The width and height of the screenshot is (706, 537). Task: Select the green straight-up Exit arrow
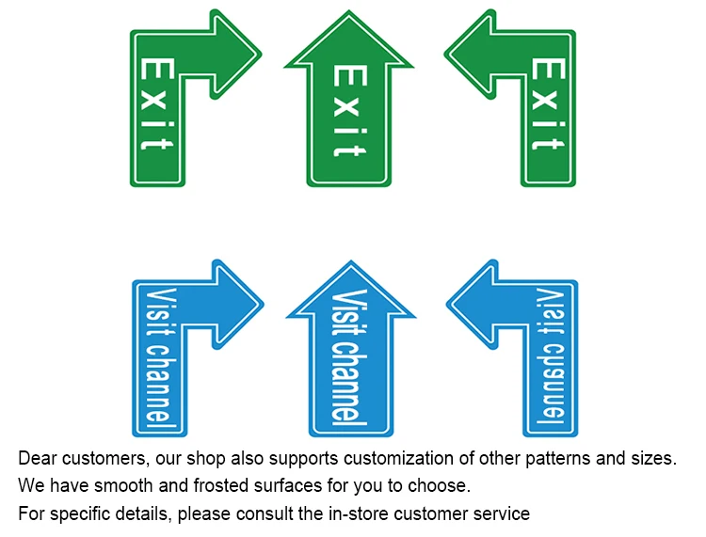point(349,113)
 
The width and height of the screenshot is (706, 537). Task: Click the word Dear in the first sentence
point(38,459)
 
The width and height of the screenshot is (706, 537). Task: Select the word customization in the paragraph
point(421,459)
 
